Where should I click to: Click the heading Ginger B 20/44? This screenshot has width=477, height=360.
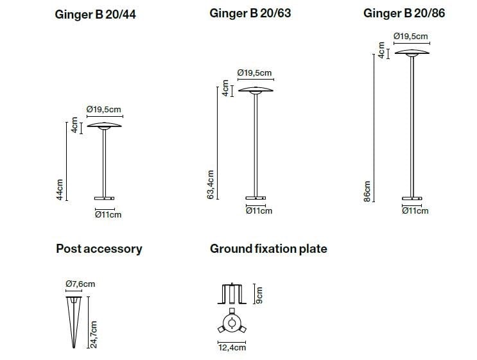(x=95, y=15)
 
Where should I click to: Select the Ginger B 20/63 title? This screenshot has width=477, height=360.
(x=250, y=13)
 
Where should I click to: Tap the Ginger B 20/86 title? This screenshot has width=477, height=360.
(x=404, y=13)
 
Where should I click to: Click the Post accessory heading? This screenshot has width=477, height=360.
(x=99, y=249)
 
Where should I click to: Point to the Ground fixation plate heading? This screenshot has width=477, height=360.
(x=268, y=249)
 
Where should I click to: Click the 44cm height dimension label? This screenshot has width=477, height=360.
(x=60, y=189)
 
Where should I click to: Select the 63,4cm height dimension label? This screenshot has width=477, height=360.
(x=211, y=185)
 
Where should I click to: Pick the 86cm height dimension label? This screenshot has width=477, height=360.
(x=367, y=191)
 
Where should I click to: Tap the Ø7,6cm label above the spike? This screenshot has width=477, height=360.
(x=80, y=284)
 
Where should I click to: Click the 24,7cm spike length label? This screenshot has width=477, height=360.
(x=94, y=334)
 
